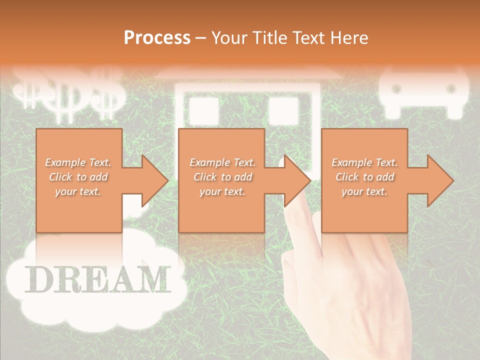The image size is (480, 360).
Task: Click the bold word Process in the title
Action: coord(157,37)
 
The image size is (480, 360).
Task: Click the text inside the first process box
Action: coord(78,177)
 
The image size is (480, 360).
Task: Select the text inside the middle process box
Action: coord(222,177)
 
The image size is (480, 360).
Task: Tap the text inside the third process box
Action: coord(364,177)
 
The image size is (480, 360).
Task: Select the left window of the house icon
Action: coord(203,110)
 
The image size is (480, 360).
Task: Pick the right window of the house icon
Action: coord(283,110)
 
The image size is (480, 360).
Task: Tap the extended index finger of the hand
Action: coord(300,220)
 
